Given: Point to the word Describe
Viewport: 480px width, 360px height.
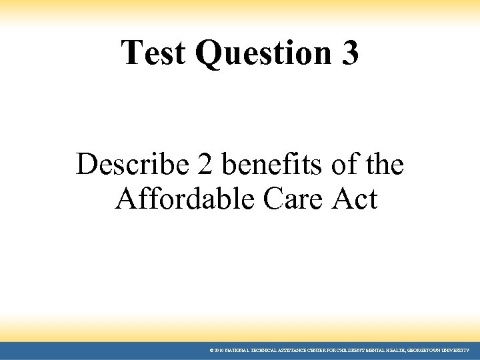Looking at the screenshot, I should pos(126,165).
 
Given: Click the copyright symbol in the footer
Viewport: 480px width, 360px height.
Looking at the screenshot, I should pos(211,350).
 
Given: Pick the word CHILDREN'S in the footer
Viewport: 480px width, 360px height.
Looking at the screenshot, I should pos(342,350).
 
